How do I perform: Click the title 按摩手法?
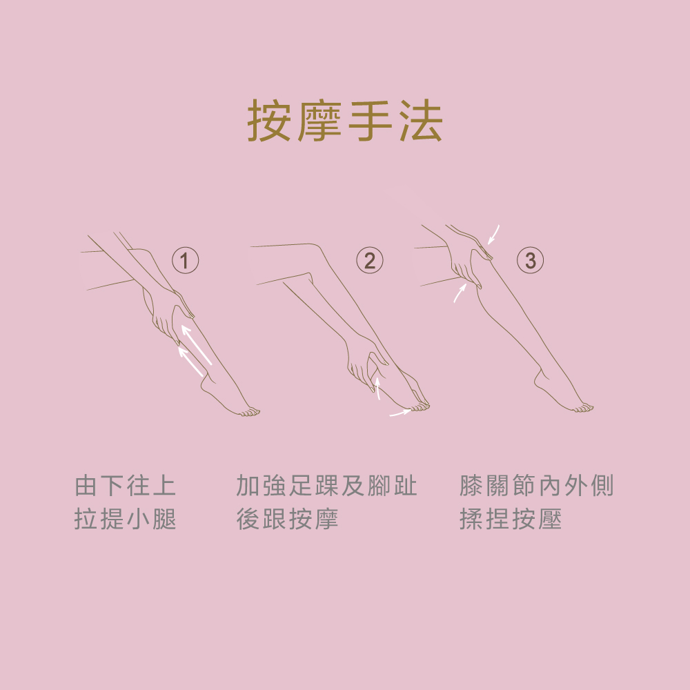click(x=344, y=120)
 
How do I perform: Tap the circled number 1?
click(x=185, y=261)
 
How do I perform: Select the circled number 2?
click(x=370, y=261)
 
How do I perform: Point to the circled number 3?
click(x=530, y=261)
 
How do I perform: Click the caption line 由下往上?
click(x=126, y=486)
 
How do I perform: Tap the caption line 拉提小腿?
click(x=126, y=519)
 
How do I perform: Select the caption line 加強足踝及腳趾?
click(x=326, y=486)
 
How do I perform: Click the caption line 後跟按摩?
click(x=287, y=519)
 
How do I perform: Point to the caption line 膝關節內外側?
click(x=536, y=486)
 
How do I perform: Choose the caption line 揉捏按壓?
click(x=511, y=519)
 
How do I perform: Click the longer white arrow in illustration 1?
click(x=196, y=345)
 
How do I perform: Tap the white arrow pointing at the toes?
click(x=400, y=413)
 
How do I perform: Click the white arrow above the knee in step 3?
click(x=493, y=235)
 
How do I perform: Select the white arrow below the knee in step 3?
click(x=460, y=293)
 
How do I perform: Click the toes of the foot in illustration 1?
click(x=250, y=413)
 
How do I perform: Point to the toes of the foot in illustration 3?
click(x=584, y=408)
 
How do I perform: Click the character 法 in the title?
click(x=421, y=120)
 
